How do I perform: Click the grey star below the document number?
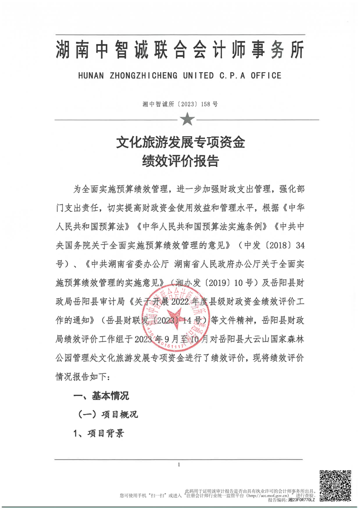click(187, 120)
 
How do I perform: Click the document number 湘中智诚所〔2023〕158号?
click(180, 104)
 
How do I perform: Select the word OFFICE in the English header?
click(265, 75)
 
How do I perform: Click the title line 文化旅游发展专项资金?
click(180, 143)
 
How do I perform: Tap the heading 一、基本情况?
click(101, 396)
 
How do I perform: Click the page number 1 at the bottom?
click(180, 465)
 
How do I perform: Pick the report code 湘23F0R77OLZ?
click(301, 499)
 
